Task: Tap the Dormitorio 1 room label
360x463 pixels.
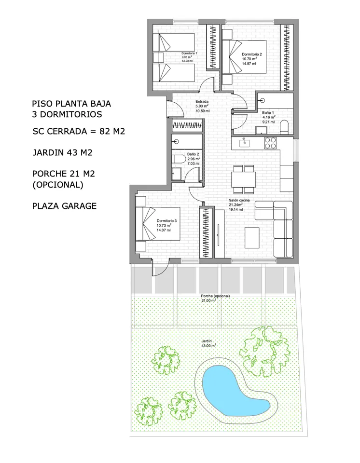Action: [x=189, y=54]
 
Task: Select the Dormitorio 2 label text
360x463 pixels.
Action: [x=251, y=54]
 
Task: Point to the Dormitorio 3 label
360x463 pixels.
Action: [x=166, y=221]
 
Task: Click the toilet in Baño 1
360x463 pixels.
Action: [x=284, y=127]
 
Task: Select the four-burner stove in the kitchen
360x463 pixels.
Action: [x=270, y=143]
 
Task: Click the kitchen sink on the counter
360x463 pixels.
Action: [x=245, y=143]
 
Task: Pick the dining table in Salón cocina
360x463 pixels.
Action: [x=244, y=179]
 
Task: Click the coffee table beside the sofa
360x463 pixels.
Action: [x=252, y=238]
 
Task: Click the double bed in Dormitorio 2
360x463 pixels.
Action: [x=245, y=57]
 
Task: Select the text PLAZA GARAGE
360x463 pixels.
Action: [x=65, y=206]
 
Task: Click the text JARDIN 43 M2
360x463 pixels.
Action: [x=62, y=152]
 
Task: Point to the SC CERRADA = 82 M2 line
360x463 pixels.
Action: [x=79, y=131]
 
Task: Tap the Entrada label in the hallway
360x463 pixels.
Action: [x=202, y=102]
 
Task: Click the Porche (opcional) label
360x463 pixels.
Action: [x=215, y=296]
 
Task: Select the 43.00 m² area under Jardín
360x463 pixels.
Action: [x=208, y=345]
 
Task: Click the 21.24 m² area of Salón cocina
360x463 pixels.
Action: [x=236, y=204]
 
